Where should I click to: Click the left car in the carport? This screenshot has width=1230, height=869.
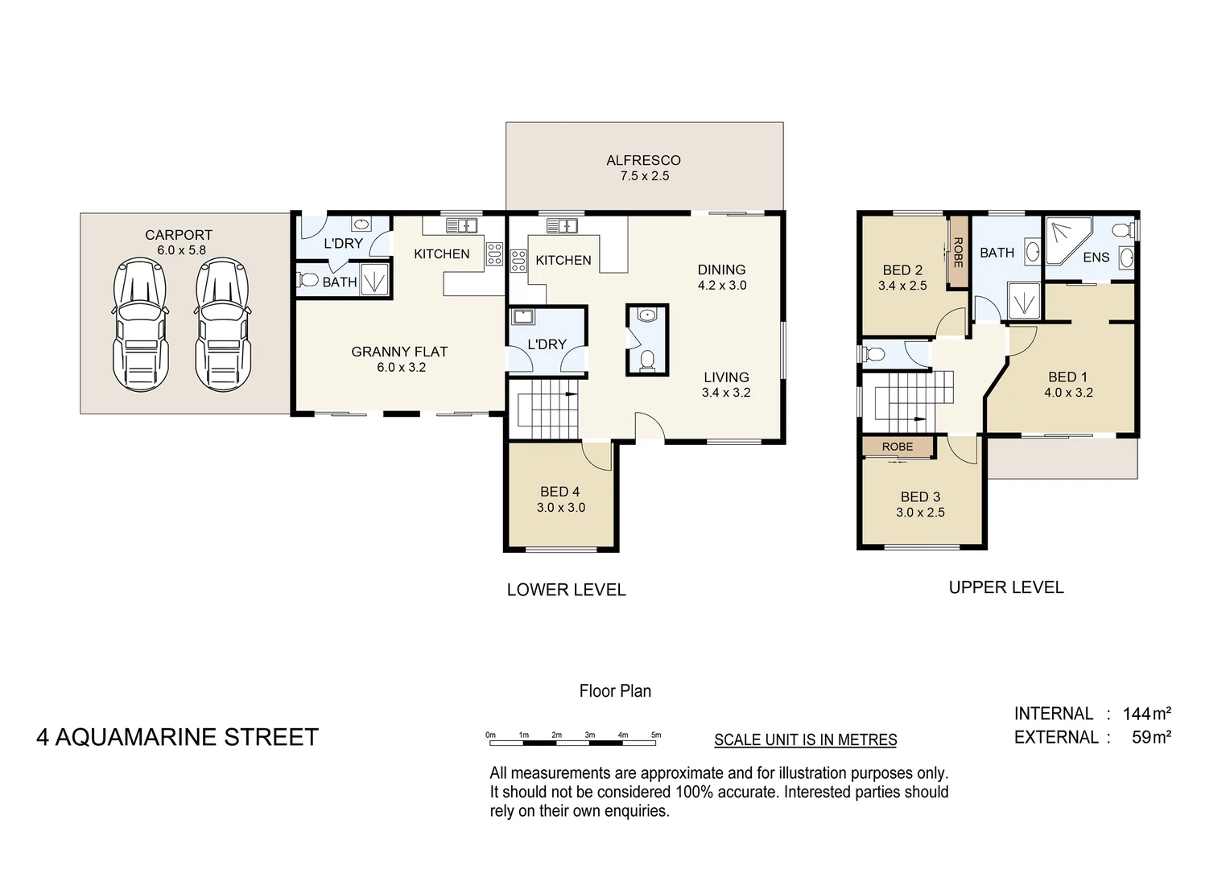pos(141,325)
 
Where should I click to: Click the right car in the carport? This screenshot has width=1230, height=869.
pos(223,325)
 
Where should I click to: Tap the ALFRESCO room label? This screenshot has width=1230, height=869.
pos(643,161)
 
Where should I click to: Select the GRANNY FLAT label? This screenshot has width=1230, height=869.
pos(399,352)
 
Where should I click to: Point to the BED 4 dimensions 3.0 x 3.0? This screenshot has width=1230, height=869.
pos(561,508)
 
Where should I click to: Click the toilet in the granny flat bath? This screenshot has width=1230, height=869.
pos(307,281)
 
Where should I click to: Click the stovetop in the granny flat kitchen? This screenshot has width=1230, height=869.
pos(494,254)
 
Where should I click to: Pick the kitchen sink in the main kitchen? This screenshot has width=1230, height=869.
pos(562,225)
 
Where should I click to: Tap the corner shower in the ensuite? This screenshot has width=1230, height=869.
pos(1065,238)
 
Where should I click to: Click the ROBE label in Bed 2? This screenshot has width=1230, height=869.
pos(958,252)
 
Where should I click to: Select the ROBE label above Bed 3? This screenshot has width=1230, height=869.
pos(897,447)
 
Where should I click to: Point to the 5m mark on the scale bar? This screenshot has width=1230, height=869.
pos(656,735)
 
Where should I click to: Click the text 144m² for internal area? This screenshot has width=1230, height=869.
pos(1146,714)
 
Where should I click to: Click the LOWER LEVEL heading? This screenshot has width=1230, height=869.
pos(566,590)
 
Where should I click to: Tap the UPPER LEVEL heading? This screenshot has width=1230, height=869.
pos(1005,587)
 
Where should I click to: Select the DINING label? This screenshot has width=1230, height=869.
pos(721,270)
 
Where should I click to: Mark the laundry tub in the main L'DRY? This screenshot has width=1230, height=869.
pos(522,316)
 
